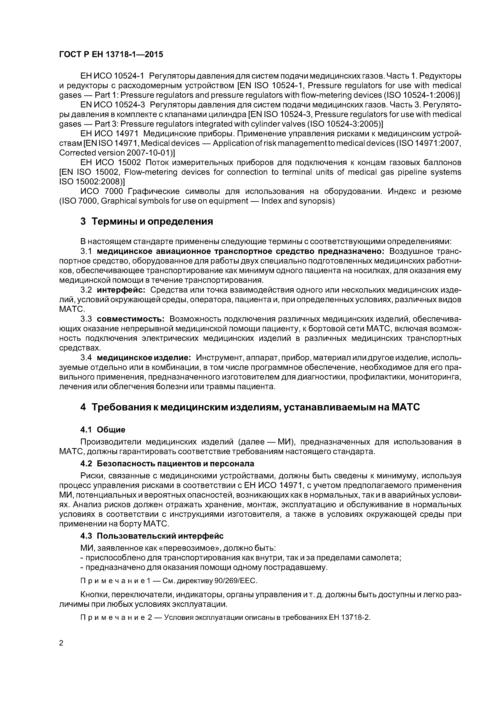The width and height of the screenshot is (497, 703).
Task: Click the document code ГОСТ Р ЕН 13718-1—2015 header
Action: click(x=111, y=55)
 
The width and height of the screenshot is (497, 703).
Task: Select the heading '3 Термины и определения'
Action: click(x=146, y=221)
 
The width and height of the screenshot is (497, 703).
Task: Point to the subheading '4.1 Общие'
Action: click(x=103, y=430)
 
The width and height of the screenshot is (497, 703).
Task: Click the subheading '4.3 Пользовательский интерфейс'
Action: click(x=152, y=536)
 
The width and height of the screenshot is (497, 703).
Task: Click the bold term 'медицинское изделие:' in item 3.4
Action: click(x=144, y=358)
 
